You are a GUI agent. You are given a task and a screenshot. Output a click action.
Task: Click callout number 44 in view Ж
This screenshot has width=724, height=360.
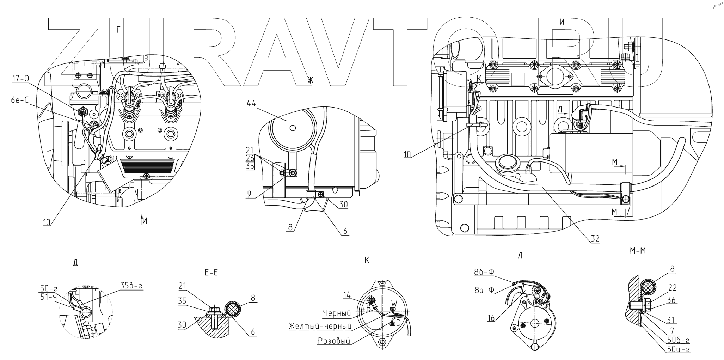(251, 103)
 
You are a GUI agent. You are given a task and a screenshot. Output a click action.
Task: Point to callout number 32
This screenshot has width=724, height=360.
(595, 239)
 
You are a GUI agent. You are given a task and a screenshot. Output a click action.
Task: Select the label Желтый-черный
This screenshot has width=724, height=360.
(320, 326)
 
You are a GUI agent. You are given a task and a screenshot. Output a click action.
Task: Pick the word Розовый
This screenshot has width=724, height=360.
(334, 341)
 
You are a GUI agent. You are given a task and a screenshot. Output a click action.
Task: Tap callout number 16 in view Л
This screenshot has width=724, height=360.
(491, 318)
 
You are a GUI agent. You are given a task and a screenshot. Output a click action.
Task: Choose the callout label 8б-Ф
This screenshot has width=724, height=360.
(485, 272)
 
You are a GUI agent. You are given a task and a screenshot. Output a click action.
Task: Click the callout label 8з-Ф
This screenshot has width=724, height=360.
(484, 291)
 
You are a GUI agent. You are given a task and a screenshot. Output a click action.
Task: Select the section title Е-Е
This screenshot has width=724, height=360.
(211, 273)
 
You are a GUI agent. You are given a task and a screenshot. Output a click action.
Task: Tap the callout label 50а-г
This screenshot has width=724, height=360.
(678, 349)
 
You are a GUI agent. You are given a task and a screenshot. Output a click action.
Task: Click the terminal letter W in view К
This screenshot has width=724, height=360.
(394, 303)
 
